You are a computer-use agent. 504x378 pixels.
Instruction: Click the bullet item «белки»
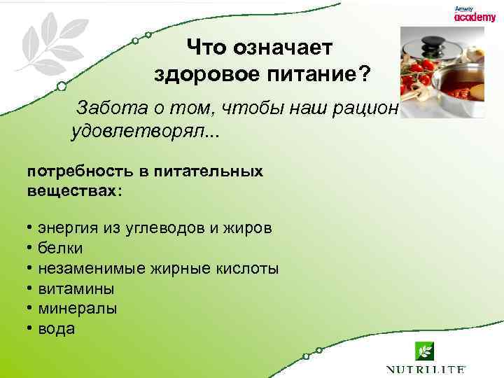pos(60,248)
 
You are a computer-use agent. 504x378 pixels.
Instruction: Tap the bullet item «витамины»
pos(76,288)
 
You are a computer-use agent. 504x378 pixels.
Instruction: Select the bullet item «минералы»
pos(78,309)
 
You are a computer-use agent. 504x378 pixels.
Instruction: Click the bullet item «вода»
pos(57,329)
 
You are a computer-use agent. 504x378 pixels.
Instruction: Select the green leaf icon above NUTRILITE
pos(424,350)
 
